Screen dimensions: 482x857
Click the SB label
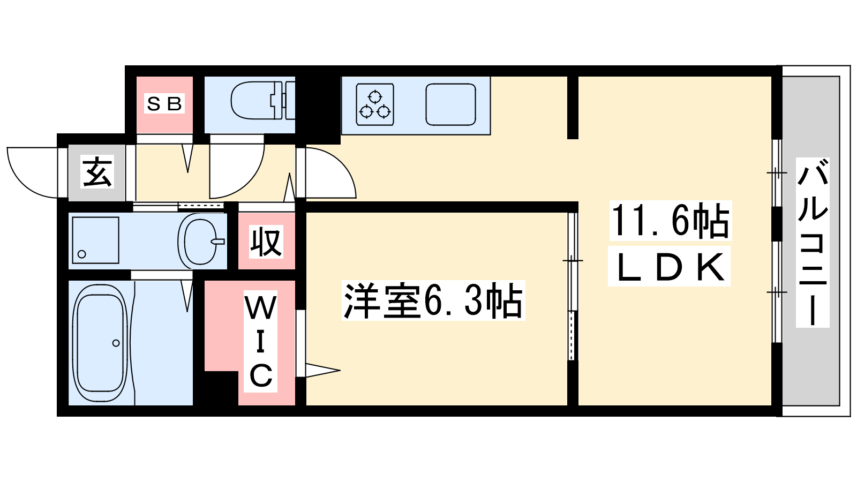click(x=164, y=103)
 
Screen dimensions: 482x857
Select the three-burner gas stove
click(x=375, y=104)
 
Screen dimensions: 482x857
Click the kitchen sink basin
click(x=450, y=104)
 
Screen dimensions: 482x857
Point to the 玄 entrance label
click(x=97, y=172)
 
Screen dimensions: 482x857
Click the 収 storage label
click(x=266, y=242)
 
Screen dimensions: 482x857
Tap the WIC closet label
click(x=261, y=341)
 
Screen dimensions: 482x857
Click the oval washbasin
click(x=199, y=241)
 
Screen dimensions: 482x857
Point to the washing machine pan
click(x=94, y=240)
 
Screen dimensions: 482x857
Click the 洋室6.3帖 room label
click(x=433, y=300)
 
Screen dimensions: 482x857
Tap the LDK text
click(x=670, y=267)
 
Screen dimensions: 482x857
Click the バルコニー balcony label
click(x=812, y=242)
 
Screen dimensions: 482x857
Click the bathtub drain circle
click(x=116, y=343)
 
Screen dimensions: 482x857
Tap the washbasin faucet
click(x=217, y=241)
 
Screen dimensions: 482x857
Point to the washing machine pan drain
click(x=82, y=254)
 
